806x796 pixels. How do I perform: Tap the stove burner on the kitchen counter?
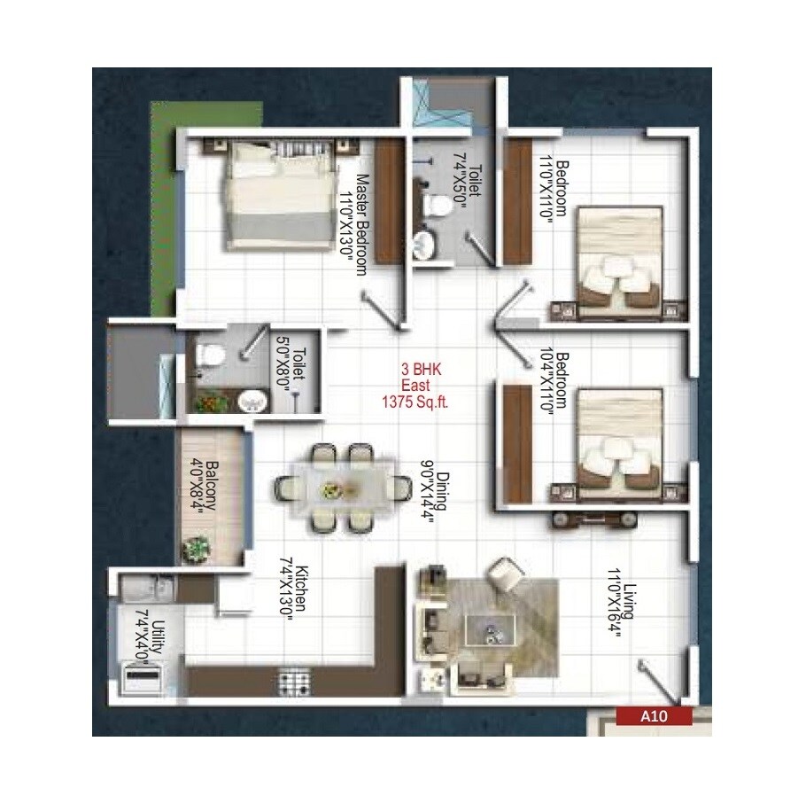(x=293, y=682)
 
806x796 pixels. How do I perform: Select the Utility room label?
(x=158, y=637)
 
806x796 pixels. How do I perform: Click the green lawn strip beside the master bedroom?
(x=165, y=204)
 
